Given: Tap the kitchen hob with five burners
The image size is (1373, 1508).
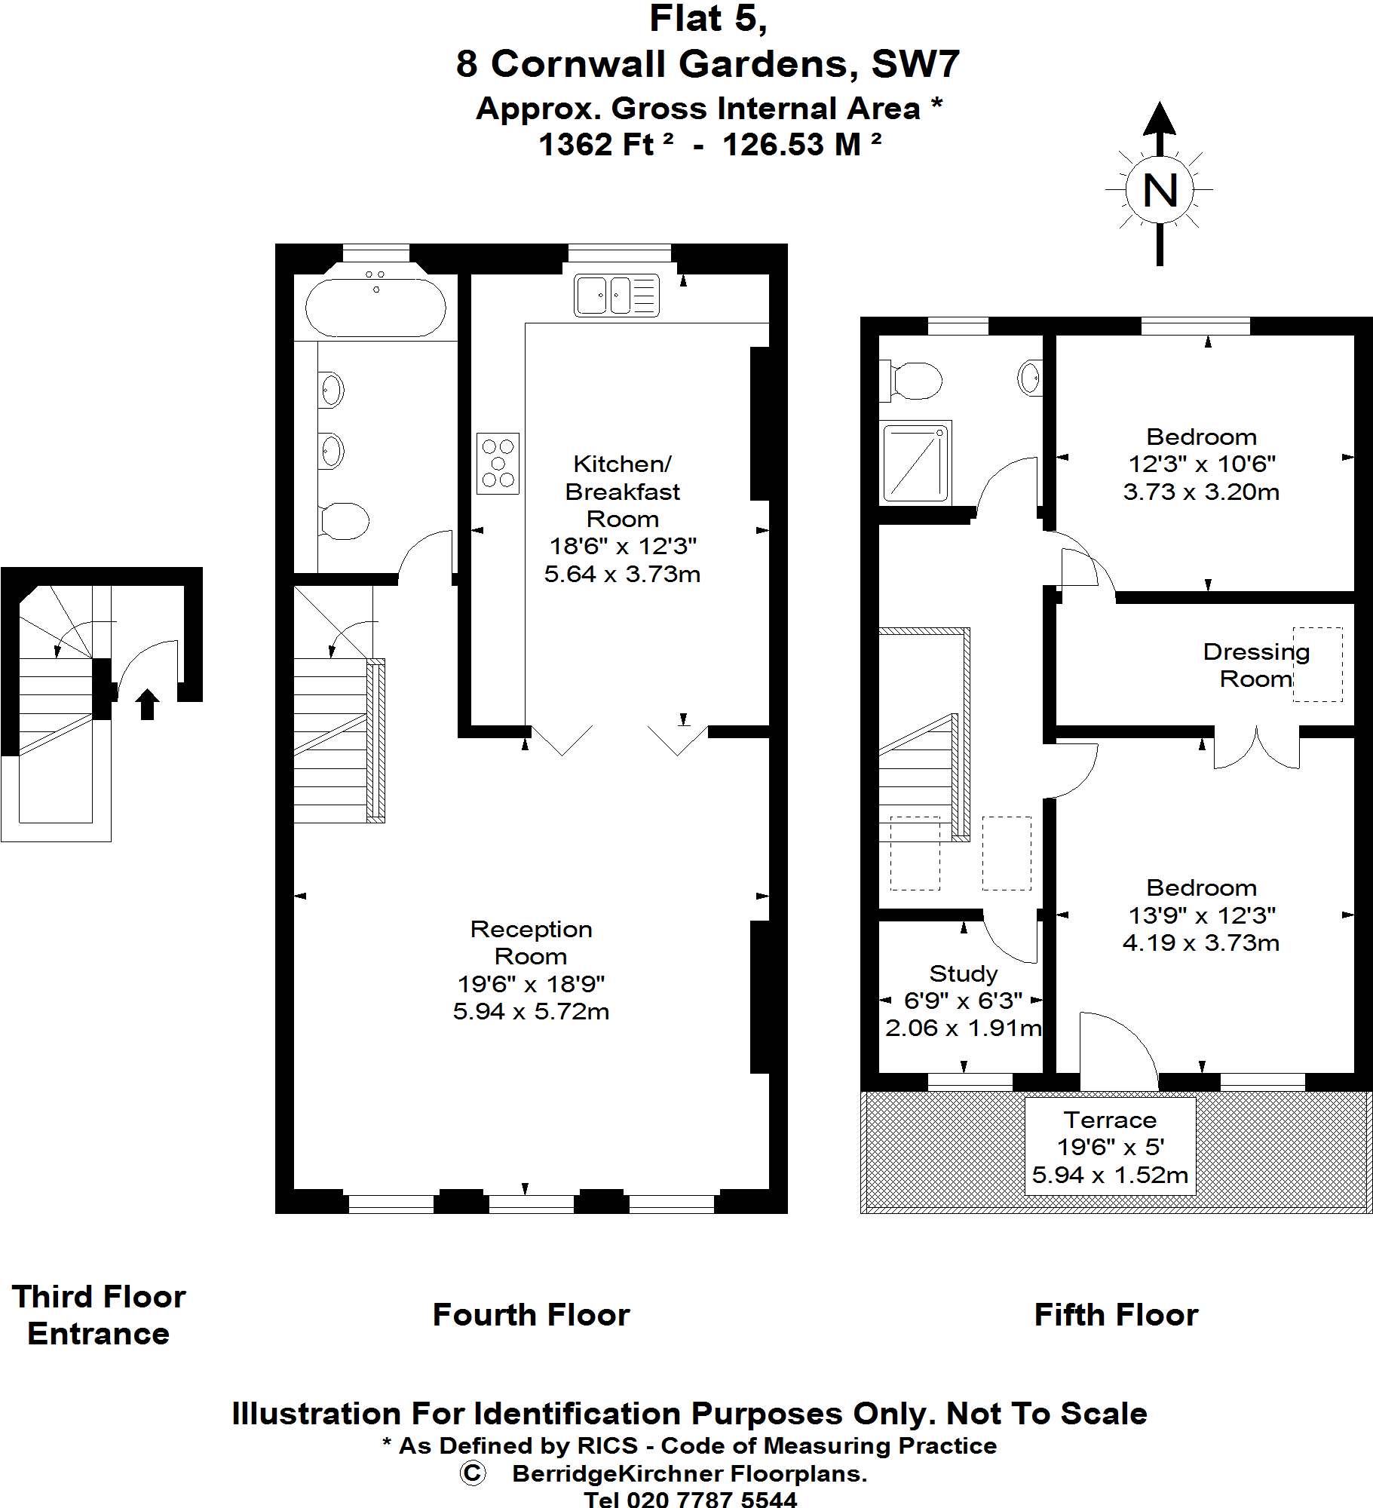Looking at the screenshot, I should point(498,464).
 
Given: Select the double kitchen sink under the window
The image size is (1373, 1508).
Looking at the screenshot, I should point(616,295).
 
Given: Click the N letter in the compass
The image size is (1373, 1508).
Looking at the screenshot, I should point(1160,191).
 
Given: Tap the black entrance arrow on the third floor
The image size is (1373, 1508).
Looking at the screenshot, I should point(147,704).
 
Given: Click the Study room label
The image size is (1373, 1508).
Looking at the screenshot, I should point(963,973).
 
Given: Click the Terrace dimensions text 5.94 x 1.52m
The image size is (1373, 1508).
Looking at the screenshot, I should point(1110,1175).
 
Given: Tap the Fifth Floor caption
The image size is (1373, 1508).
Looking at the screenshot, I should point(1116,1314).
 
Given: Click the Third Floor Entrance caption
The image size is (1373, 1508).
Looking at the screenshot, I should point(99,1315).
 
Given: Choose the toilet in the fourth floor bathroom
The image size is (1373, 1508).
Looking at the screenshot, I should point(343,521).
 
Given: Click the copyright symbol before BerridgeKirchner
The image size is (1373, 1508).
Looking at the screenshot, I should point(473,1473).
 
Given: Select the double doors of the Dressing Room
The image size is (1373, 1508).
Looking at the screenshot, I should point(1256,749).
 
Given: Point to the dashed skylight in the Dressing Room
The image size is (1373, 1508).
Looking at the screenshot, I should point(1317,664).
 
